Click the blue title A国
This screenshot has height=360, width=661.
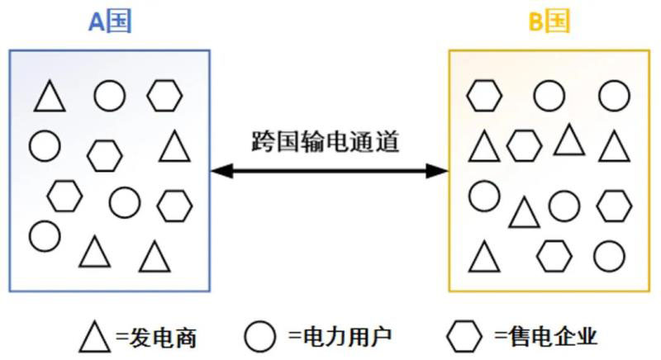(110, 22)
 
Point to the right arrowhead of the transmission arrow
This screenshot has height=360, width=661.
(440, 171)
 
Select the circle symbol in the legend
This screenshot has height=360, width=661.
(260, 335)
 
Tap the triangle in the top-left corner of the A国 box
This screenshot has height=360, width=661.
(50, 97)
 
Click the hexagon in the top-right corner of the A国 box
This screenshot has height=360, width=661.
(164, 96)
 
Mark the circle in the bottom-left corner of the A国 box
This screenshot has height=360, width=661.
(45, 235)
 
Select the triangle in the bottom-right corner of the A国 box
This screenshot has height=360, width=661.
(155, 257)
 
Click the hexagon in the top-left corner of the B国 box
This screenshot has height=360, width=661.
(484, 95)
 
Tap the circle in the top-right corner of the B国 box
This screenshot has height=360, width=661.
(614, 95)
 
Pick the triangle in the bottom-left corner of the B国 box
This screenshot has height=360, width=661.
(484, 257)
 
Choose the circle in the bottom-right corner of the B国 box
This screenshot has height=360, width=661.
(609, 255)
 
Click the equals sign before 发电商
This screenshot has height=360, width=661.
(121, 336)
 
